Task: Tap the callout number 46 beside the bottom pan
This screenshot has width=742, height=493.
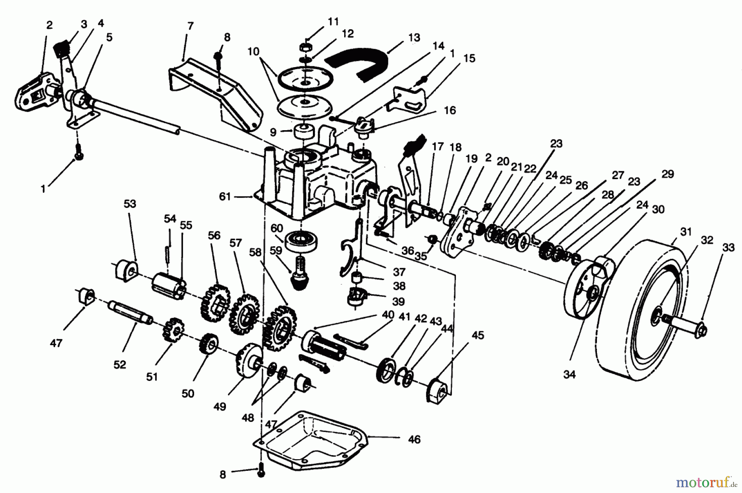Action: [x=414, y=439]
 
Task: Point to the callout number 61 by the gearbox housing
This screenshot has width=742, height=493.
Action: [x=225, y=197]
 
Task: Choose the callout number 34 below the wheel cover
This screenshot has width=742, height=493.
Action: [x=569, y=374]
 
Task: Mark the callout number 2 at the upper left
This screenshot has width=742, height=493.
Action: [x=49, y=26]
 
